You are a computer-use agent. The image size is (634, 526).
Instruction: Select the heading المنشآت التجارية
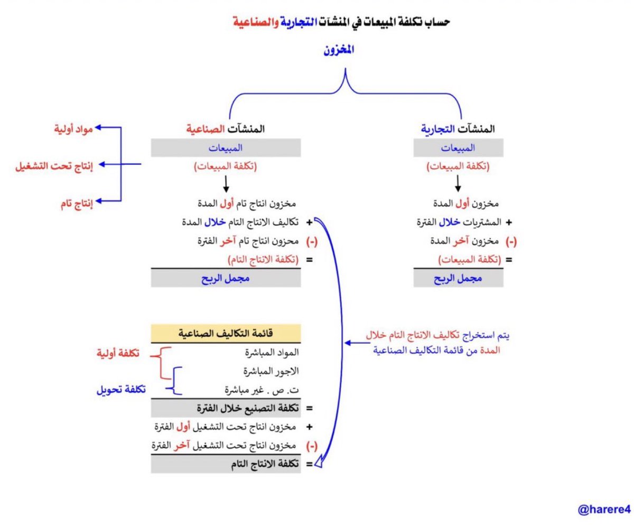(x=459, y=129)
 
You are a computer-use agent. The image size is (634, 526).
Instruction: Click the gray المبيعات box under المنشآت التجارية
(x=458, y=148)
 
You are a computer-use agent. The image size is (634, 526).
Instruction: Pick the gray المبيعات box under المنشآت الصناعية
(x=226, y=148)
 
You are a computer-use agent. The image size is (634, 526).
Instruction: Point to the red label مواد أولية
(x=73, y=128)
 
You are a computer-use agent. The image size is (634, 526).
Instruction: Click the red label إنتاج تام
(x=74, y=203)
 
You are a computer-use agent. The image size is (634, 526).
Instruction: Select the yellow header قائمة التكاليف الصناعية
(x=226, y=334)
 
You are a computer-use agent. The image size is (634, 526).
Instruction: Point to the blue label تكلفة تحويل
(x=120, y=390)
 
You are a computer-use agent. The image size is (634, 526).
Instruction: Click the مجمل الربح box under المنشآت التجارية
(x=458, y=278)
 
